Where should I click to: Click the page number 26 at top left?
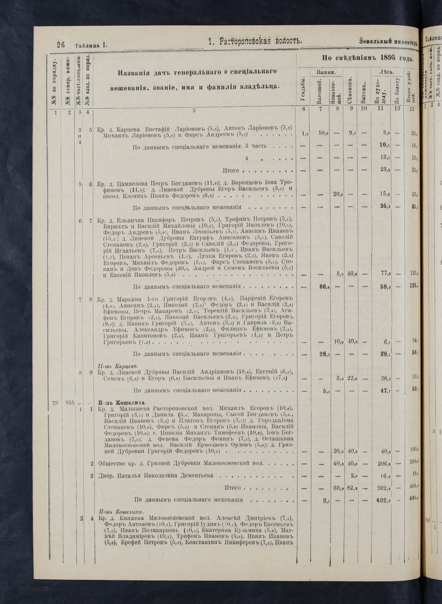(x=61, y=45)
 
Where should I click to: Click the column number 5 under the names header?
(x=193, y=110)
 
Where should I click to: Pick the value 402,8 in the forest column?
(x=384, y=500)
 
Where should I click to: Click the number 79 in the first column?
(x=55, y=402)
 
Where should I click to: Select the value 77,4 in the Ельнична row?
(x=385, y=273)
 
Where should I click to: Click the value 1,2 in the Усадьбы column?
(x=305, y=133)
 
